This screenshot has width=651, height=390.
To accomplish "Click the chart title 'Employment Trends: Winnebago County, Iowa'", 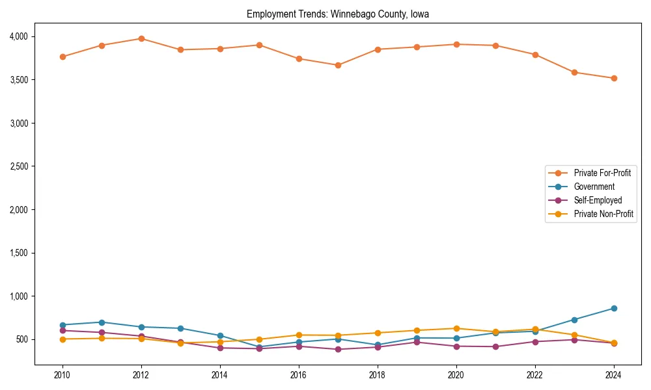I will point(337,14).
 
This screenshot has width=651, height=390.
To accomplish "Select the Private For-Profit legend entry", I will point(602,173).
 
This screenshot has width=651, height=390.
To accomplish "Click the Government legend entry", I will point(594,187).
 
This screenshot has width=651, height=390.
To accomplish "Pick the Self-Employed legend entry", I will point(598,200).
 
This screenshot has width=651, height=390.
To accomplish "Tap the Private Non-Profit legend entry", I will point(603,214).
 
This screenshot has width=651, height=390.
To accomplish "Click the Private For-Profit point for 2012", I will point(141,38).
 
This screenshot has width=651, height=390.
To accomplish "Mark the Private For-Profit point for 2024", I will point(614,78).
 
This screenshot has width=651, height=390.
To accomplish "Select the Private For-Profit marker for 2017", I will point(338,65).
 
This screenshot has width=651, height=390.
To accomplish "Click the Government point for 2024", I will point(614,308).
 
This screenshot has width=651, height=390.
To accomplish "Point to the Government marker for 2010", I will point(62,325).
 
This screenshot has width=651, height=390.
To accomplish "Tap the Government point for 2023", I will point(574,319).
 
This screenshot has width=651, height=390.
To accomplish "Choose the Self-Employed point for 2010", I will point(62,330).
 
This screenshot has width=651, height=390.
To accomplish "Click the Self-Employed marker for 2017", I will point(338,349).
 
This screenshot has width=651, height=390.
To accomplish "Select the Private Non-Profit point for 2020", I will point(456,328).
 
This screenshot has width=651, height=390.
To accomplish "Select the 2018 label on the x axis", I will point(378,374).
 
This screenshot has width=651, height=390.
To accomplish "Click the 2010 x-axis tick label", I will point(62,374).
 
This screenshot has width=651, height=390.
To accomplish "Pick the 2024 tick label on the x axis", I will point(614,374).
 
